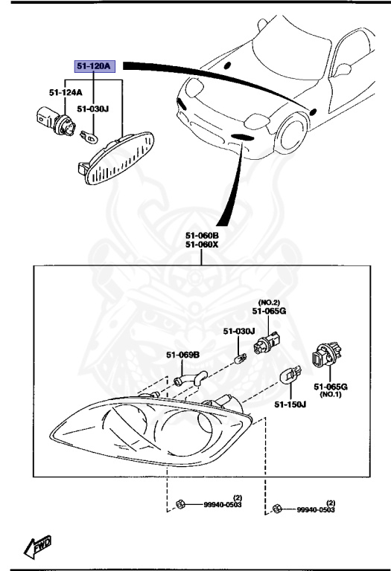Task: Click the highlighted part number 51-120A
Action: click(x=95, y=66)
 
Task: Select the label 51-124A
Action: click(x=66, y=93)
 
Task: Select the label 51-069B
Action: click(x=182, y=355)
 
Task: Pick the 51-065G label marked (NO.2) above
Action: click(x=269, y=312)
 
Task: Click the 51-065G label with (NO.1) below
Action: click(x=331, y=387)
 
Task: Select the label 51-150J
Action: click(x=289, y=405)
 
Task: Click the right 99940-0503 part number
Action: click(x=316, y=510)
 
